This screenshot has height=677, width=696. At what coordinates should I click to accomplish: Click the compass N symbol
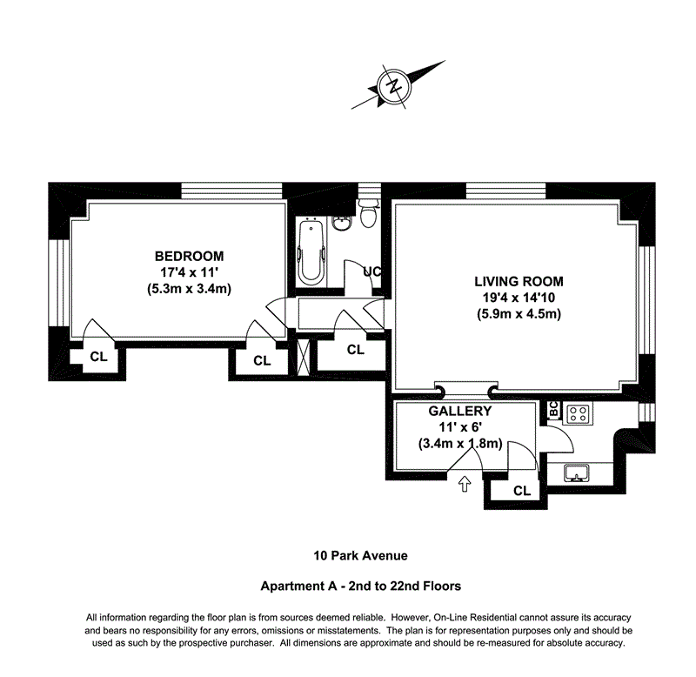point(394,85)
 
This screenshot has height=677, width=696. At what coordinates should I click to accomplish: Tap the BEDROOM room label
point(189,256)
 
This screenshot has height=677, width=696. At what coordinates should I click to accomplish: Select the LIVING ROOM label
point(519,281)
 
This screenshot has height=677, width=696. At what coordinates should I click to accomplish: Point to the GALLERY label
point(460,411)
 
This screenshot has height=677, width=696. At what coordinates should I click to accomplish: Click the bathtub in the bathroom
point(311,253)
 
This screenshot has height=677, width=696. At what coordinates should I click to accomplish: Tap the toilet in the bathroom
point(368,213)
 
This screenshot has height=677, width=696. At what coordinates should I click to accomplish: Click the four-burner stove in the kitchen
point(578,414)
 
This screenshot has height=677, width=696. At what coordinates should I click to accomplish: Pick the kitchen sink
point(577,473)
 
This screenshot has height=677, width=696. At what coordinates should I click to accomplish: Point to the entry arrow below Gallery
point(465,484)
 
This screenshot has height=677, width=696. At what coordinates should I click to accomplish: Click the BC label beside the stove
point(553,409)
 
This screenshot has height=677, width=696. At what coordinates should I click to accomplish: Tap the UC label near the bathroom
point(372,271)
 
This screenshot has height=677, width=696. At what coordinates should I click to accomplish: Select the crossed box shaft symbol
point(303,357)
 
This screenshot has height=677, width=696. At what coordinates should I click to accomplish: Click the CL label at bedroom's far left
point(98,357)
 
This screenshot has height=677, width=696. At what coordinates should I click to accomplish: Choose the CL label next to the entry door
point(522,491)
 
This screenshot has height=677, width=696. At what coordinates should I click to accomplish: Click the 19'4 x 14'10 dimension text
point(519,298)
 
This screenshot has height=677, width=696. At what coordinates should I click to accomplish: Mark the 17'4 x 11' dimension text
point(189,272)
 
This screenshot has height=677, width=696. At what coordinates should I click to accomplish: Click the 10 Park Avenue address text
point(360,556)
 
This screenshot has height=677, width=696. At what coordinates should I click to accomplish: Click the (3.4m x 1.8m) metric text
point(460,444)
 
